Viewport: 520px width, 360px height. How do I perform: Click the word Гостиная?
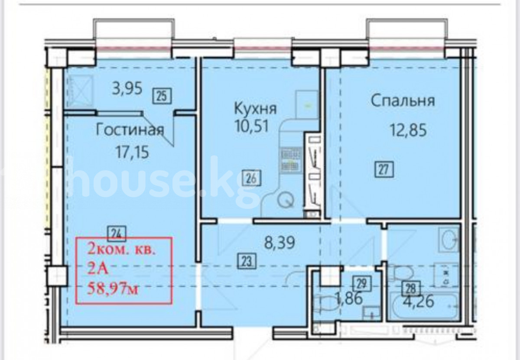tap(130, 130)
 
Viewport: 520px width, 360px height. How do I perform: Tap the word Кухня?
tap(255, 108)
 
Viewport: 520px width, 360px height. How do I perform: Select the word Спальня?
tap(403, 101)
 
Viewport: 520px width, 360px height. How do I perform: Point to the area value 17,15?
tap(132, 152)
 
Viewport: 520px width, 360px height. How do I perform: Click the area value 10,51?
tap(252, 126)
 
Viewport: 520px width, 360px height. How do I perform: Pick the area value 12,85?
tap(408, 130)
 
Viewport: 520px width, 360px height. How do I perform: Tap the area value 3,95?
tap(127, 89)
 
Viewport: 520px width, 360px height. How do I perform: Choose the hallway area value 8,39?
tap(280, 243)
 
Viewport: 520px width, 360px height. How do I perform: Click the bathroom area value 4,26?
tap(418, 302)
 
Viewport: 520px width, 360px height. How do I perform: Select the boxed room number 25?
tap(162, 95)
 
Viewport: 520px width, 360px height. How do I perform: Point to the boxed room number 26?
tap(252, 178)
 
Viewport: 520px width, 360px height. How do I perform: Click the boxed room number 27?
tap(384, 169)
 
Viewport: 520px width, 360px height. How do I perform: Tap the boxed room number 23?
tap(247, 261)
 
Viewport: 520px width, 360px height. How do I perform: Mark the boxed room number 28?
tap(411, 289)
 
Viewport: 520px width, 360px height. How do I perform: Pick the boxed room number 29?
tap(362, 284)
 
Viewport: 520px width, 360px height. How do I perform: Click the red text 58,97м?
tap(113, 289)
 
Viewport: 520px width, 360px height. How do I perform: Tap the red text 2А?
tap(98, 269)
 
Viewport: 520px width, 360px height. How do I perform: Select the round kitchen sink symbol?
tap(286, 200)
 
